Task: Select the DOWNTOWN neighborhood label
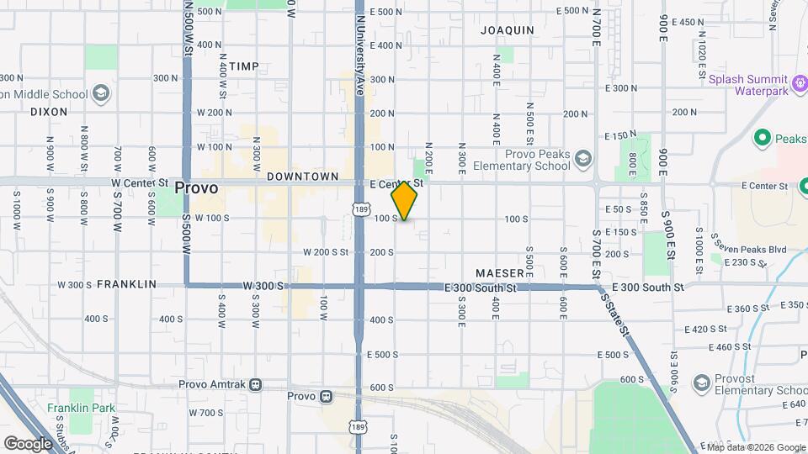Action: (302, 177)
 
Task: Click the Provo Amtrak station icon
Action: (255, 384)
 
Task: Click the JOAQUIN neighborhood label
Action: (508, 29)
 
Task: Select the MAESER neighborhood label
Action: (500, 273)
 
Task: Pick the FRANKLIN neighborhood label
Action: (126, 284)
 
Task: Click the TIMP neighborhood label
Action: (244, 66)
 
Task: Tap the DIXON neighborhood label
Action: (48, 111)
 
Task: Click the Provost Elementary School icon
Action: (701, 384)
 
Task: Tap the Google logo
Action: (28, 443)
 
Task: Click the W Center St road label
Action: (139, 182)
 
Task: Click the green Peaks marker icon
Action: (763, 137)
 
